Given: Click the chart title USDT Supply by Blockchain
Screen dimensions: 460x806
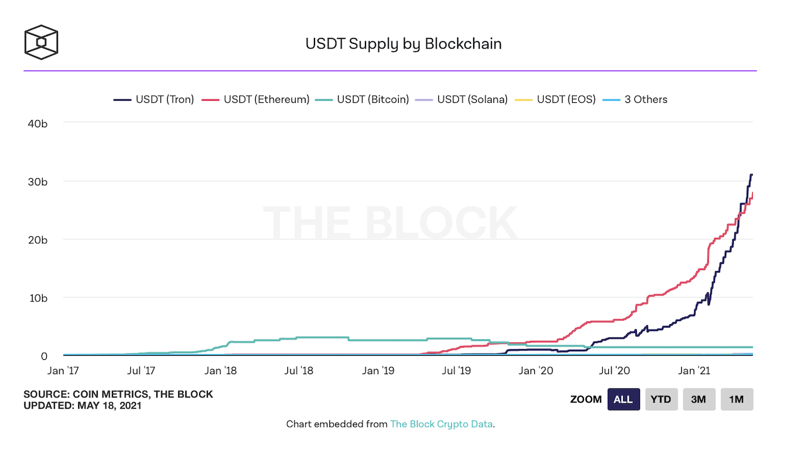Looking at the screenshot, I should pos(403,44).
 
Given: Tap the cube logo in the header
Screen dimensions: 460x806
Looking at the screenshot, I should pos(41,42).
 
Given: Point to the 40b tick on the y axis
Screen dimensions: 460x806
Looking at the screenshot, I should pos(36,123).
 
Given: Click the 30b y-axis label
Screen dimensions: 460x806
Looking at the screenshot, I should pos(36,181).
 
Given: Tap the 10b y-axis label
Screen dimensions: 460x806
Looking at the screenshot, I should pos(36,298).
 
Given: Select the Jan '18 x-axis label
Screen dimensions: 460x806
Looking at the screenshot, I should pos(220,371).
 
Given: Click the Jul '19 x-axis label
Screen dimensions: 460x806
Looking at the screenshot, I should pos(457,371).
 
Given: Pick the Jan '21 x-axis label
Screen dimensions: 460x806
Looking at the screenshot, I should pos(694,371).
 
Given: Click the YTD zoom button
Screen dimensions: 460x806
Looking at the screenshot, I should pos(661,400).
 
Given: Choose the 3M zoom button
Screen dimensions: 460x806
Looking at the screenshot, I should pos(699,400).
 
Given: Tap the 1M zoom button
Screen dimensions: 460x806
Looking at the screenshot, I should pos(737,400).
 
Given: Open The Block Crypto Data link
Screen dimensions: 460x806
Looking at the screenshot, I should pos(441,424).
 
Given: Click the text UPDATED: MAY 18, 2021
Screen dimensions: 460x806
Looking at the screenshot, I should pos(82,406).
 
